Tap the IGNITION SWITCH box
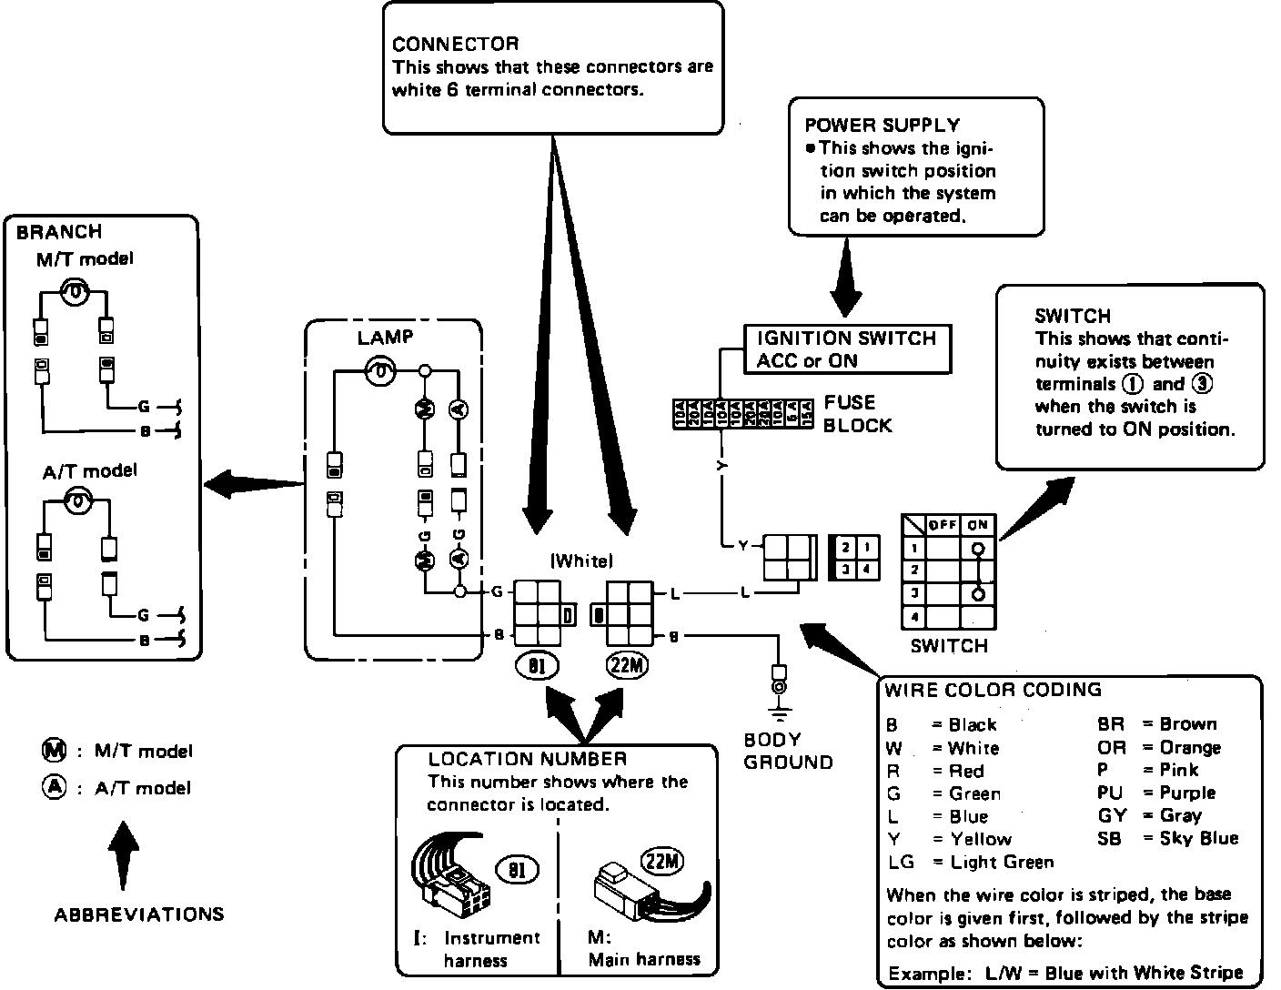(846, 349)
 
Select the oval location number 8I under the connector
(537, 666)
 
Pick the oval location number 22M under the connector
(628, 666)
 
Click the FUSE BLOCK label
(857, 414)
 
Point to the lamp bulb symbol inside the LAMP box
(380, 370)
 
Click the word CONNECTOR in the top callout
(455, 44)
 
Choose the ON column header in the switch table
(977, 525)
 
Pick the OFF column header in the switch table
(943, 525)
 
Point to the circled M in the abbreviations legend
(55, 751)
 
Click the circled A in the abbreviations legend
(55, 787)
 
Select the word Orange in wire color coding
(1190, 747)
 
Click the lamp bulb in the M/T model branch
(75, 292)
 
